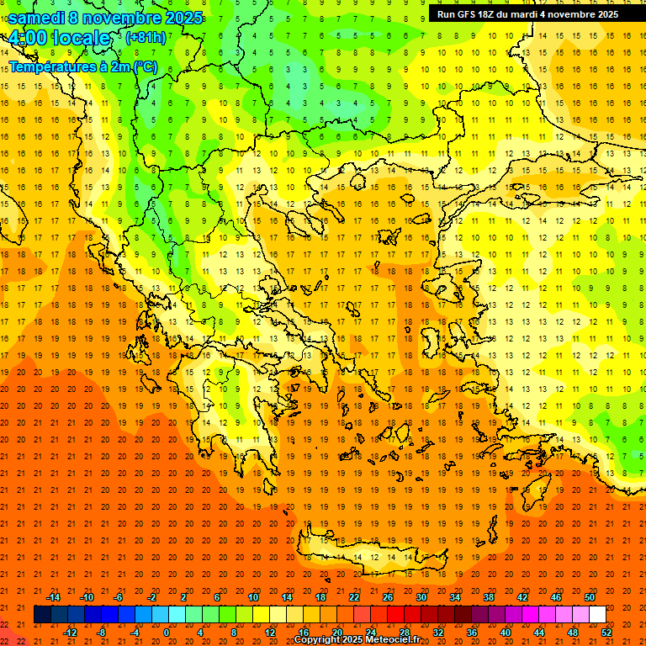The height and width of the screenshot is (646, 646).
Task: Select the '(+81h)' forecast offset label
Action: [145, 38]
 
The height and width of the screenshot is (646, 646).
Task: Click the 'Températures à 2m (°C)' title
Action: [82, 66]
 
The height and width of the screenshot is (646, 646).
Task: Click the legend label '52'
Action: [607, 633]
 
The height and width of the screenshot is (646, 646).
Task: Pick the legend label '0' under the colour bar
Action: [166, 633]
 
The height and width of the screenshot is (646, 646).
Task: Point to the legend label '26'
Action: [388, 597]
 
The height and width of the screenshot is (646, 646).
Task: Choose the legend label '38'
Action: [489, 597]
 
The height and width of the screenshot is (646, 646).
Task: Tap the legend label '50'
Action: [590, 597]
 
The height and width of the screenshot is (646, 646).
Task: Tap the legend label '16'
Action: [304, 633]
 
